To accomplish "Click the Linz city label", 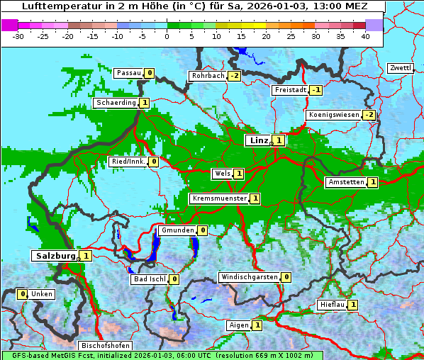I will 259,140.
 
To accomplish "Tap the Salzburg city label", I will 54,255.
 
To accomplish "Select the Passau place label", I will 128,73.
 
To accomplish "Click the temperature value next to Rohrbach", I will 234,76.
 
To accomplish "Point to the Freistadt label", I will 290,90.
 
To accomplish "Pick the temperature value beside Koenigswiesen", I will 369,115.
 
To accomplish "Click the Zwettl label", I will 400,68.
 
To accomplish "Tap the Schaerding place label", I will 116,103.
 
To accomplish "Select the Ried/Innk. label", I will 128,162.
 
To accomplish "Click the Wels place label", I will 222,174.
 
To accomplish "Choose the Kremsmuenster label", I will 219,198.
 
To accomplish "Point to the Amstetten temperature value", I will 373,182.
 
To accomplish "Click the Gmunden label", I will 177,230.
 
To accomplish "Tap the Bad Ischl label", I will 150,279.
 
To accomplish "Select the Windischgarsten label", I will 248,277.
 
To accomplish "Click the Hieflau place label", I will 332,305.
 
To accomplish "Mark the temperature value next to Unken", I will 23,294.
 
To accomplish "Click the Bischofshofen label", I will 106,346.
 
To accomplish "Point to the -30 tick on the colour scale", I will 18,35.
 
